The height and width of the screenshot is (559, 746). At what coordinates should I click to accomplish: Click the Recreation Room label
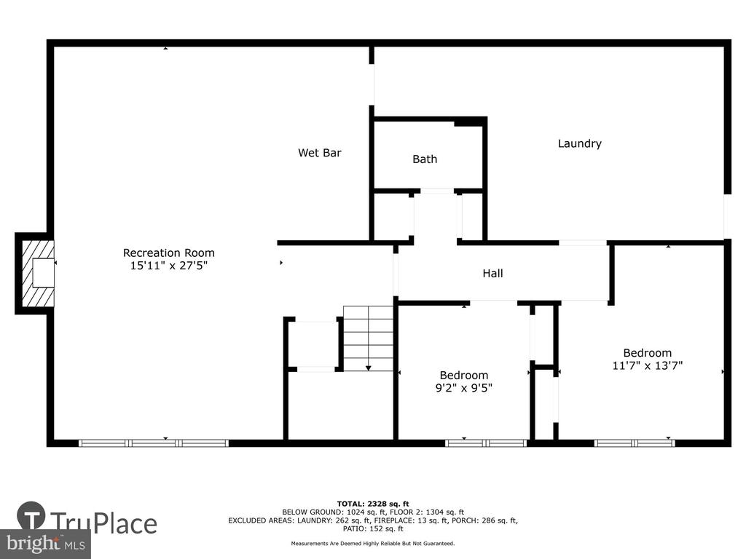pyautogui.click(x=169, y=253)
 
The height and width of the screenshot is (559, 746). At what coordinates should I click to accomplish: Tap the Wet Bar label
pyautogui.click(x=320, y=153)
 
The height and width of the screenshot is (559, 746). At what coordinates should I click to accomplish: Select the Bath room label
pyautogui.click(x=425, y=159)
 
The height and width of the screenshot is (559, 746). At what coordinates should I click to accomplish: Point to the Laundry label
pyautogui.click(x=579, y=143)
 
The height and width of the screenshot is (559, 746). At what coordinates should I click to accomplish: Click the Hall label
pyautogui.click(x=493, y=274)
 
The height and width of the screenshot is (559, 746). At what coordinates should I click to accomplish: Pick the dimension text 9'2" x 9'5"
pyautogui.click(x=464, y=388)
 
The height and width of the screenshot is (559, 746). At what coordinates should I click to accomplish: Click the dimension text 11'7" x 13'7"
pyautogui.click(x=648, y=365)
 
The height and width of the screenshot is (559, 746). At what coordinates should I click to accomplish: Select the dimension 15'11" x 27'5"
pyautogui.click(x=169, y=265)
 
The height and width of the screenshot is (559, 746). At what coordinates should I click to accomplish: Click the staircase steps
pyautogui.click(x=369, y=338)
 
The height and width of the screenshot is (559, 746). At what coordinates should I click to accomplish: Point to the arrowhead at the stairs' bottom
pyautogui.click(x=369, y=368)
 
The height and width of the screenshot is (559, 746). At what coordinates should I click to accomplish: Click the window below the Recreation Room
pyautogui.click(x=154, y=443)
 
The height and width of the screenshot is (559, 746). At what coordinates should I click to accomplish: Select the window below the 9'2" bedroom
pyautogui.click(x=486, y=443)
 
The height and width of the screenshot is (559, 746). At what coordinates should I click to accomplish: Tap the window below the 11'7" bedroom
pyautogui.click(x=635, y=443)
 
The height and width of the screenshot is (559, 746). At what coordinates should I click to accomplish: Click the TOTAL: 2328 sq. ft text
pyautogui.click(x=373, y=504)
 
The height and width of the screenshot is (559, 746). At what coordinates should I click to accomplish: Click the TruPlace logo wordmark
pyautogui.click(x=103, y=523)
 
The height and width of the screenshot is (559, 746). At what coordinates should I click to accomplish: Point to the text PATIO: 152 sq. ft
pyautogui.click(x=373, y=528)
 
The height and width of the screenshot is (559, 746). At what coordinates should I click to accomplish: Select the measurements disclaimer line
pyautogui.click(x=373, y=543)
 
